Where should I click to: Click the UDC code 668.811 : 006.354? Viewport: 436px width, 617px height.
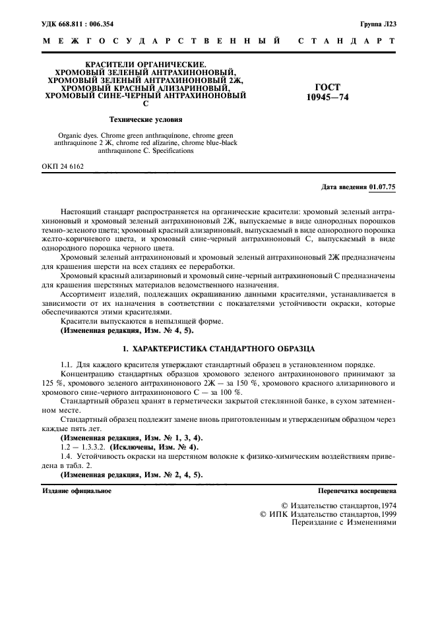(x=85, y=23)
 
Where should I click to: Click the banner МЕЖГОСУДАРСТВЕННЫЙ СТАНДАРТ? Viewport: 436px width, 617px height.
(x=218, y=41)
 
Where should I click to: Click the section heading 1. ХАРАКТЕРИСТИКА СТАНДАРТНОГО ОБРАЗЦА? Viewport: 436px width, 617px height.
(x=218, y=347)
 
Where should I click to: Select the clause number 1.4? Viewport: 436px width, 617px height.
(x=66, y=456)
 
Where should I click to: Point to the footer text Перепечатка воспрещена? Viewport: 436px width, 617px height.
(x=356, y=491)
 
